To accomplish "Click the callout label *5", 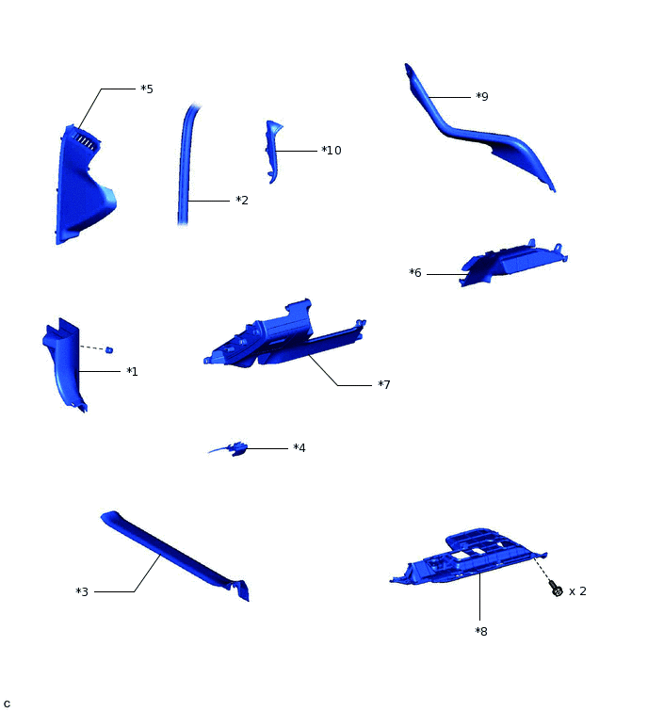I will pyautogui.click(x=147, y=89).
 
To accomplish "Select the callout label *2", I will pyautogui.click(x=242, y=201).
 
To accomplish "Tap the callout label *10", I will pyautogui.click(x=331, y=151).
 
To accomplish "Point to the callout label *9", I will pyautogui.click(x=481, y=97).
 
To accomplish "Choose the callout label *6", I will pyautogui.click(x=415, y=273).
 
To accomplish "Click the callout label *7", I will pyautogui.click(x=383, y=385).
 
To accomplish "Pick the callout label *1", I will pyautogui.click(x=132, y=372).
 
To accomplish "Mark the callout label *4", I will pyautogui.click(x=299, y=448).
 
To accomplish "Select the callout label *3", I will pyautogui.click(x=82, y=592).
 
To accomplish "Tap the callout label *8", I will pyautogui.click(x=481, y=631).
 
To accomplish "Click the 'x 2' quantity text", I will pyautogui.click(x=577, y=591).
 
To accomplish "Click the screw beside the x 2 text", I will pyautogui.click(x=556, y=590).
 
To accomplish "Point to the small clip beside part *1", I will pyautogui.click(x=109, y=350).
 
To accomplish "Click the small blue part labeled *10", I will pyautogui.click(x=272, y=149).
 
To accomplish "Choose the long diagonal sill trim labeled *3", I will pyautogui.click(x=174, y=555).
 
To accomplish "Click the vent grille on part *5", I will pyautogui.click(x=84, y=141).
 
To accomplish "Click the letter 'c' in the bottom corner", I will pyautogui.click(x=7, y=703).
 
